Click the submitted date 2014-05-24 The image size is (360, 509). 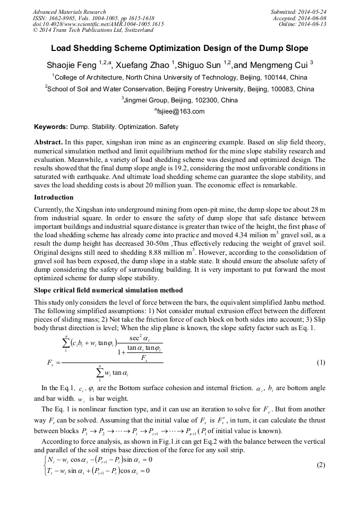tap(313, 12)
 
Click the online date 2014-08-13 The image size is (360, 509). tap(313, 23)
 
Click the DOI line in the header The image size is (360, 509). tap(98, 23)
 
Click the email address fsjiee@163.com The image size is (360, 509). tap(181, 111)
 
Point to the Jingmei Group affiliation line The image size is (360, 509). tap(179, 100)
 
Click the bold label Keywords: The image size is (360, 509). tap(50, 127)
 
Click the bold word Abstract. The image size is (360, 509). tap(48, 143)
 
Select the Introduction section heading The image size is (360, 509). tap(55, 197)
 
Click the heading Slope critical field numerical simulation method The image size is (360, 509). tap(108, 290)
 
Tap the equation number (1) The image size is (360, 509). tap(320, 363)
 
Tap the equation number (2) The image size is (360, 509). tap(320, 465)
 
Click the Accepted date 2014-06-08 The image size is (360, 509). tap(313, 18)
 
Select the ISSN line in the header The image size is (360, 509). tap(93, 18)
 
